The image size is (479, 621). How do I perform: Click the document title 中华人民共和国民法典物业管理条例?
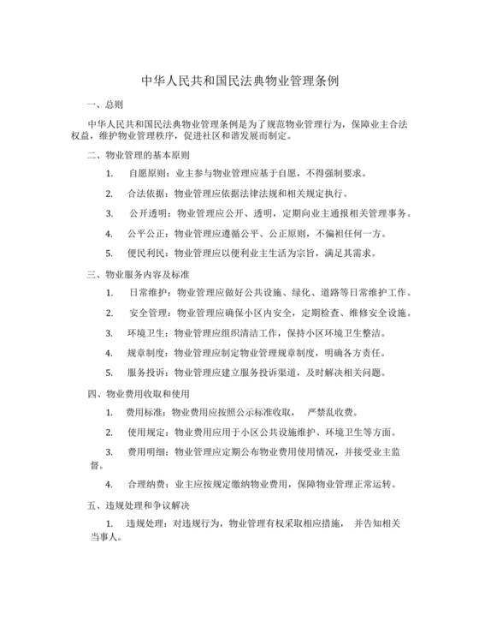239,82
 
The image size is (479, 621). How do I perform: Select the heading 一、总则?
105,104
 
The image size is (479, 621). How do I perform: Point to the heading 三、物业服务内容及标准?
138,274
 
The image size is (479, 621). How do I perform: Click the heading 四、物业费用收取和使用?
138,394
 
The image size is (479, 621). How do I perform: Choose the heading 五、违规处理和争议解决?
138,506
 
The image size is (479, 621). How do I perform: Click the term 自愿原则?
145,173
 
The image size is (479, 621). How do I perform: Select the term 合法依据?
145,194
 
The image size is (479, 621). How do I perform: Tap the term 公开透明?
147,213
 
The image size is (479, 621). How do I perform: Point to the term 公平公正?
145,233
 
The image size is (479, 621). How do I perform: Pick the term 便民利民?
145,254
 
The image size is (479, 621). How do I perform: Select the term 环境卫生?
145,332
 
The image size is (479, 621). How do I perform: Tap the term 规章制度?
145,353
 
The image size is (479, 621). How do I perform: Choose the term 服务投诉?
145,373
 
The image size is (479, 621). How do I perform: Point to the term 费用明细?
145,451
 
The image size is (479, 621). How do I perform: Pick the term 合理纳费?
145,484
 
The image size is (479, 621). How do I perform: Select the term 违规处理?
145,523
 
